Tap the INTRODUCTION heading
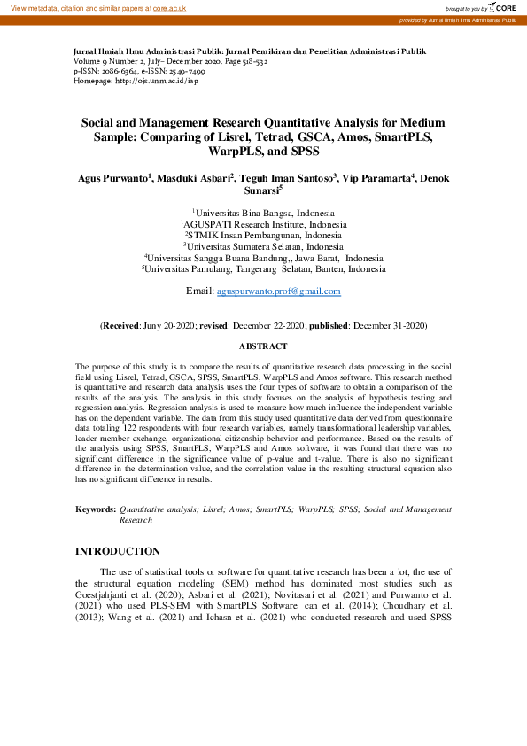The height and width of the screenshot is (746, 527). click(118, 551)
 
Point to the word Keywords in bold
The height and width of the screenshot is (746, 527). click(95, 510)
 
